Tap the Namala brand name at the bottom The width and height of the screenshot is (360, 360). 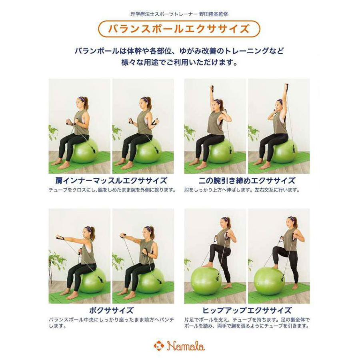tap(186, 345)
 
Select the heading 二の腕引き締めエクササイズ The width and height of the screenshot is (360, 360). tap(247, 180)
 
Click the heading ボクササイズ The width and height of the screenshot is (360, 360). tap(111, 310)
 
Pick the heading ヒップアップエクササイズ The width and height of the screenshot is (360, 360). tap(247, 310)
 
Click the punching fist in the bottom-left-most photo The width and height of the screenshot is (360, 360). tap(60, 237)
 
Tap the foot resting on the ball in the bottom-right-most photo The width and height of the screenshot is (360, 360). tap(276, 266)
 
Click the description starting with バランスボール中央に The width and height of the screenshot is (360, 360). tap(112, 323)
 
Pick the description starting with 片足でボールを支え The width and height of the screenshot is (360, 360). tap(247, 323)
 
